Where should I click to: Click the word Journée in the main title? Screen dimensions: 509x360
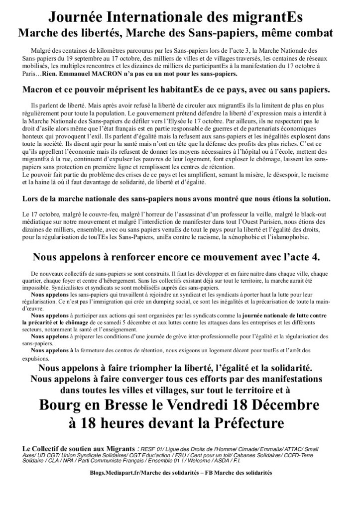coord(78,18)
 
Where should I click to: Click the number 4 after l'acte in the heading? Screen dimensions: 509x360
coord(317,257)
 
